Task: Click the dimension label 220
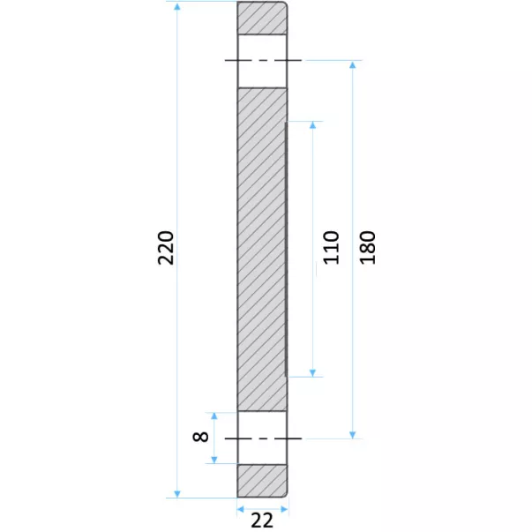(x=166, y=248)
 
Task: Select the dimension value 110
(x=331, y=247)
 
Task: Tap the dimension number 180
(x=367, y=247)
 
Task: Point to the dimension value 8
(x=200, y=437)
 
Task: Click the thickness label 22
(x=262, y=521)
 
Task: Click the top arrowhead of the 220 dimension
(x=177, y=6)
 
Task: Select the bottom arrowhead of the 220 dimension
(x=177, y=494)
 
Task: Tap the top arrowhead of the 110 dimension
(x=313, y=125)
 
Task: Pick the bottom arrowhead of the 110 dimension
(x=313, y=373)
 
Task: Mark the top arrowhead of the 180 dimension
(x=353, y=65)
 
